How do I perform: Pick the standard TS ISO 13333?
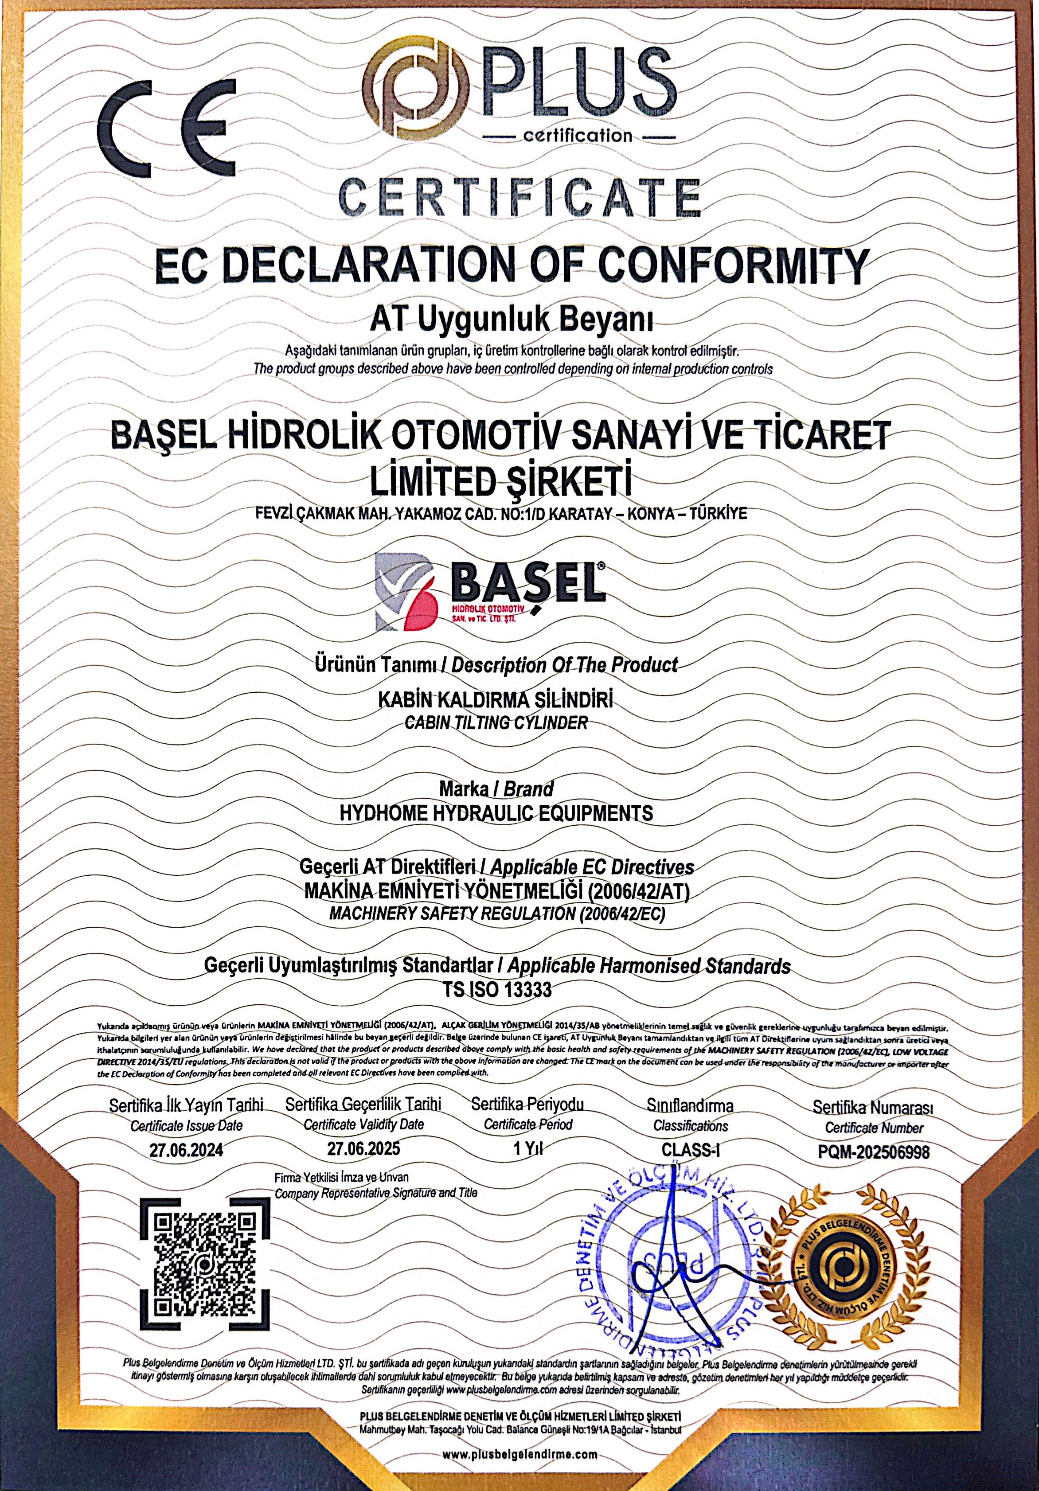point(497,989)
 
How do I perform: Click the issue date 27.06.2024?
point(186,1150)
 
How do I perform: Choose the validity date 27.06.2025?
point(363,1148)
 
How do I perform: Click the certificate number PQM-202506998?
point(874,1152)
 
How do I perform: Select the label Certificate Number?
point(874,1128)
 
